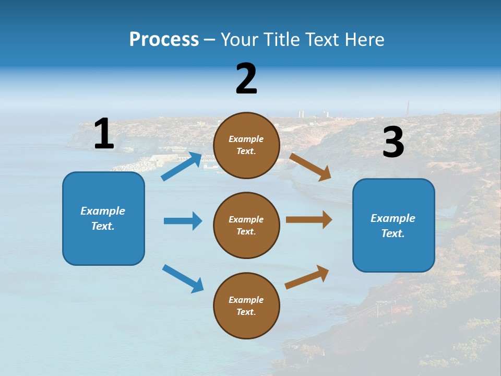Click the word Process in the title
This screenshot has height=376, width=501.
click(x=164, y=40)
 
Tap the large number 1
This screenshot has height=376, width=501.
click(x=104, y=134)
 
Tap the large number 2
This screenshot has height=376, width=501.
click(x=246, y=79)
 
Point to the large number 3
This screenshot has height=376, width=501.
click(x=393, y=143)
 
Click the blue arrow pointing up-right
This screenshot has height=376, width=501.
click(x=182, y=167)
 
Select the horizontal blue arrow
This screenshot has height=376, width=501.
click(x=183, y=221)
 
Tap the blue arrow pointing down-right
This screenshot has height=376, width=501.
click(x=183, y=278)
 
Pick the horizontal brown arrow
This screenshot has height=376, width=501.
click(x=308, y=220)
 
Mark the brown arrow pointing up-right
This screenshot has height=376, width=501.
click(x=307, y=277)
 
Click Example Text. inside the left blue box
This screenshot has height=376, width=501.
click(x=103, y=218)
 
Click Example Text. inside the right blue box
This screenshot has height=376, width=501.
click(x=393, y=226)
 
